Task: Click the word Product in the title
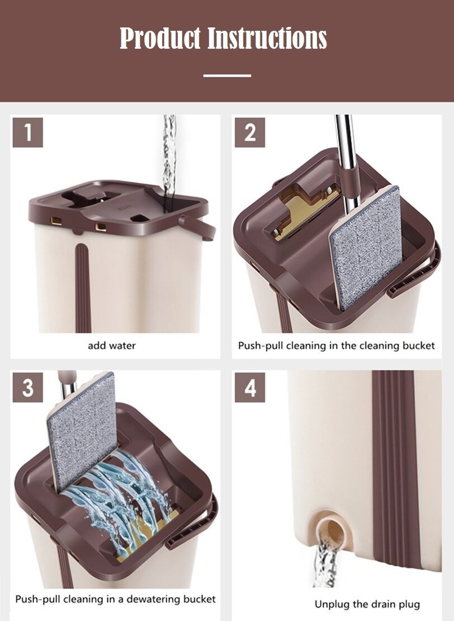(x=160, y=38)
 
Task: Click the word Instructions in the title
(x=267, y=38)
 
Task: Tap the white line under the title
(x=227, y=75)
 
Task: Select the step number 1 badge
(x=28, y=132)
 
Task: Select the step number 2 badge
(x=249, y=132)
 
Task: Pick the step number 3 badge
(x=28, y=387)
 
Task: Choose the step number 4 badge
(x=249, y=387)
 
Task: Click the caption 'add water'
(x=111, y=345)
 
